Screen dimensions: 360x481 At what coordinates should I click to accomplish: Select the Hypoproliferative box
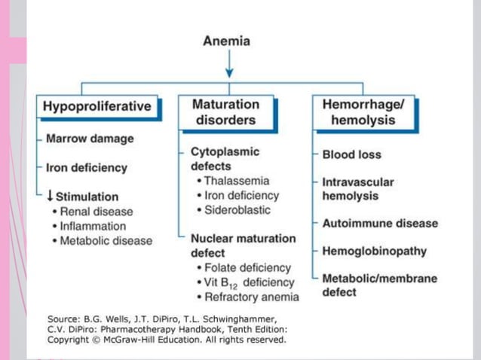click(x=97, y=106)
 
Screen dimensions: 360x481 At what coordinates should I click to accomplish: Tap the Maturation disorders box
click(x=225, y=112)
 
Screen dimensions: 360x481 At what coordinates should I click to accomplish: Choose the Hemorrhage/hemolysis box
click(x=363, y=112)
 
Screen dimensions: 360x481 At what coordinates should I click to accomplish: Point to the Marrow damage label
click(x=90, y=139)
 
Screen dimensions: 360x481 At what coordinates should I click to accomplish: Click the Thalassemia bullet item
click(x=236, y=181)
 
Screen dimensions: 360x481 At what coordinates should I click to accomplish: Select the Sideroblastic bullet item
click(x=237, y=209)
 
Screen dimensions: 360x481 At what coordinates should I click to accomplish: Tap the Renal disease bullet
click(x=96, y=212)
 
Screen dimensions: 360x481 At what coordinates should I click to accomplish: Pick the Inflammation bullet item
click(x=93, y=226)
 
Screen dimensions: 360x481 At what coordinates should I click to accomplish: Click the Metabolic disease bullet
click(x=106, y=241)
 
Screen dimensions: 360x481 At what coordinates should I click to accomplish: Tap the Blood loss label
click(x=351, y=154)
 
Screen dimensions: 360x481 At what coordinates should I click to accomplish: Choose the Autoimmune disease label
click(x=379, y=223)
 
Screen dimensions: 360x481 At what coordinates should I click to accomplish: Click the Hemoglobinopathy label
click(x=374, y=251)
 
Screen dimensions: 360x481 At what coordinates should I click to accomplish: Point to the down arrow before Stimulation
click(x=50, y=196)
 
